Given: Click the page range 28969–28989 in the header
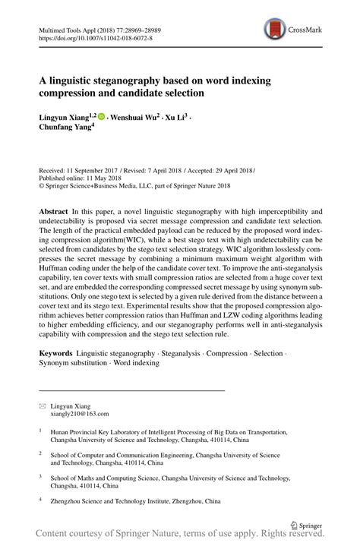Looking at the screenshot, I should pyautogui.click(x=157, y=26).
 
